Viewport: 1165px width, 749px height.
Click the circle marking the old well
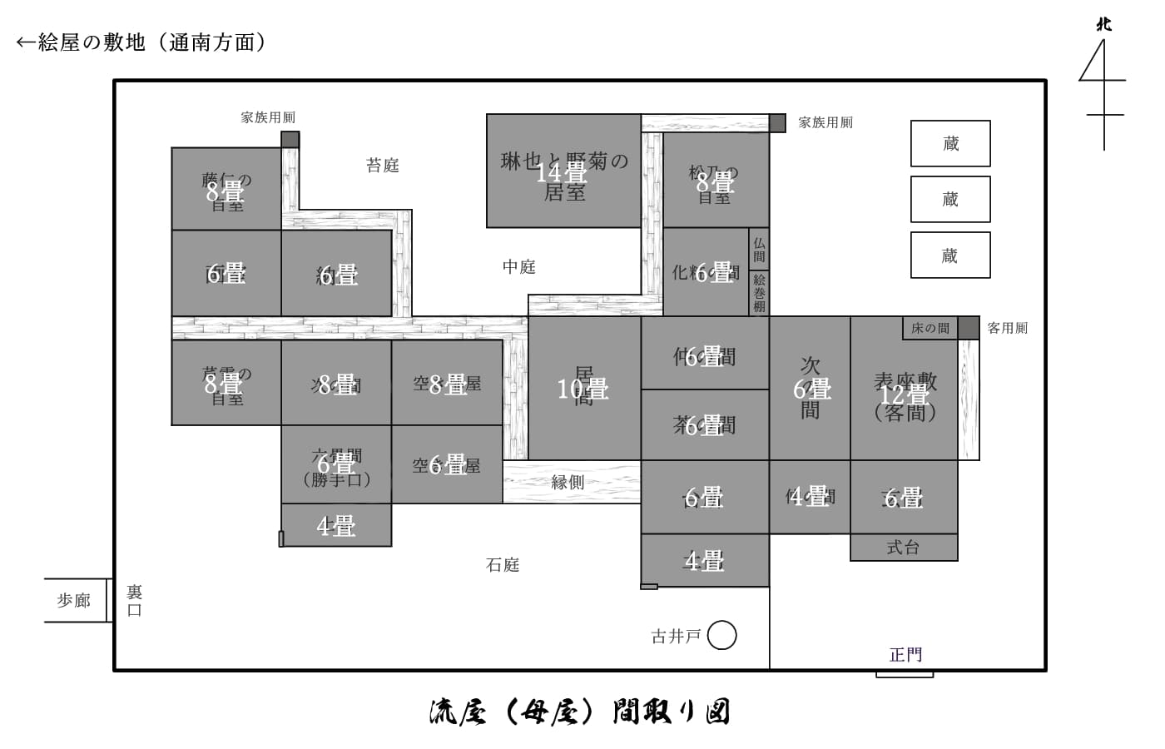721,636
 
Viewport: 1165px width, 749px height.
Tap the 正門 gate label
905,655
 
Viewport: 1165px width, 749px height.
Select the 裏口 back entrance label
135,600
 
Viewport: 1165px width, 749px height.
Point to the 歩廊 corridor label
74,600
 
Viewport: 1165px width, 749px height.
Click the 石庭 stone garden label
503,565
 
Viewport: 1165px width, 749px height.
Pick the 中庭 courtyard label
519,267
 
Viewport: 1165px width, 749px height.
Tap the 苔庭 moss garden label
383,166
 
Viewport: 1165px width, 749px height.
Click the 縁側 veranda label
568,482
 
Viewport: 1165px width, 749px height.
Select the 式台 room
904,548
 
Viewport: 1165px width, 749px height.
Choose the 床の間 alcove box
930,328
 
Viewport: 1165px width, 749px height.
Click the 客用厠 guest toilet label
1007,328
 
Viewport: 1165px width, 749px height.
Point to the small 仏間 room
759,249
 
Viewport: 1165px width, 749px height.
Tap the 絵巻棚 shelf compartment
759,293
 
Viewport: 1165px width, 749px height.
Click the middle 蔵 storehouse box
950,200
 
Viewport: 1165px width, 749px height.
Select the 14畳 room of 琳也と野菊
563,172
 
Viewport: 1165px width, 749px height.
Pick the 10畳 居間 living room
583,388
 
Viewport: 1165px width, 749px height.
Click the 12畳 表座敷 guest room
904,389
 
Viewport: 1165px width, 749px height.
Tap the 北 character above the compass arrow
1104,24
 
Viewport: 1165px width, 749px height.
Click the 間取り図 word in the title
671,712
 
